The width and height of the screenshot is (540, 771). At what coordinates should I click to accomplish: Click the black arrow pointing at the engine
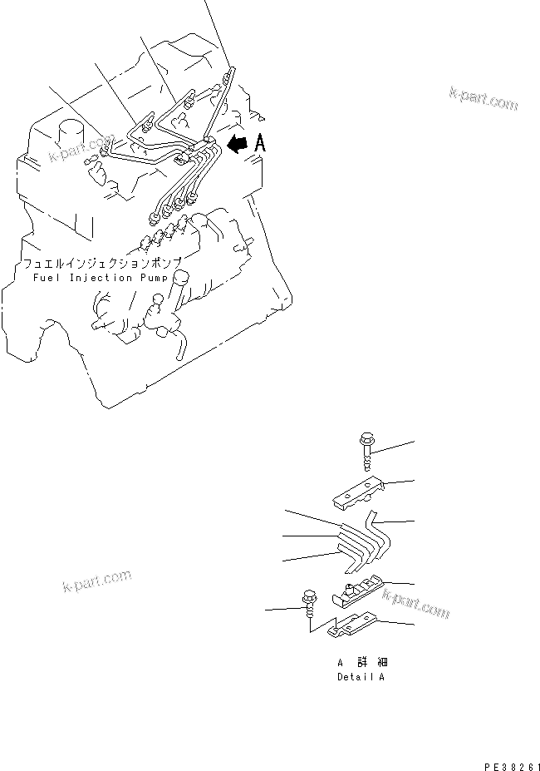(238, 143)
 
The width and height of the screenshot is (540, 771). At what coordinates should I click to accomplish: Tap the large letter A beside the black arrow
(260, 143)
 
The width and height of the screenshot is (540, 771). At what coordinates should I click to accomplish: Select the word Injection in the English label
(101, 278)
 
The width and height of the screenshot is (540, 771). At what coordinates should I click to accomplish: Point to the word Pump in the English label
(155, 279)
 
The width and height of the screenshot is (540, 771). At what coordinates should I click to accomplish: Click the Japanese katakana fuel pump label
(102, 264)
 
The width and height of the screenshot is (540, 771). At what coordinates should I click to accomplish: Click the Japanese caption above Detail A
(362, 662)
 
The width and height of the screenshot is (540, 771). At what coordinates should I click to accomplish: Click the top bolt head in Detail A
(367, 438)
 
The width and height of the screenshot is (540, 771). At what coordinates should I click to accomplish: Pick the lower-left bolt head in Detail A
(309, 596)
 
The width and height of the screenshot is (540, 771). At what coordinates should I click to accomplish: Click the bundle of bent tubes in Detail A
(365, 542)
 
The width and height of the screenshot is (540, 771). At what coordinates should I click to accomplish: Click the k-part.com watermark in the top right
(484, 99)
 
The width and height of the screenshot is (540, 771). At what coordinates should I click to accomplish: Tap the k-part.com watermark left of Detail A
(97, 581)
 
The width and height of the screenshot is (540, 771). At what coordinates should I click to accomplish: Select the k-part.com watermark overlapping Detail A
(415, 604)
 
